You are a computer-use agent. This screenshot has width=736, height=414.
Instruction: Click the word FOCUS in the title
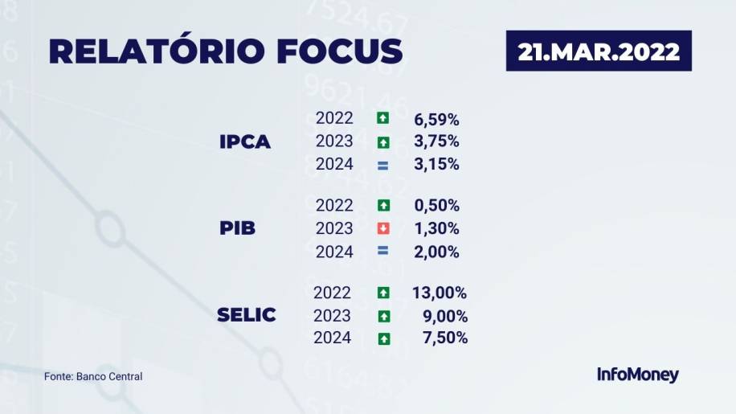tap(339, 51)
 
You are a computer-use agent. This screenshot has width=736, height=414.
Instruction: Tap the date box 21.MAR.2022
tap(599, 51)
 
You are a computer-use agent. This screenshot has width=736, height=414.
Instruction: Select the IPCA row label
tap(245, 141)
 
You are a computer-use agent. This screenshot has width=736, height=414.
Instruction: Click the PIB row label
tap(238, 228)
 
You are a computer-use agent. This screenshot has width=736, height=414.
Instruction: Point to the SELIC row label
tap(247, 315)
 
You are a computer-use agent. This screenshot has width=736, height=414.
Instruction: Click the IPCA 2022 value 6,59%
tap(436, 120)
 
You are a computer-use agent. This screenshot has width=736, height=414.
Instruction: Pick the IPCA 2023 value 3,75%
tap(436, 141)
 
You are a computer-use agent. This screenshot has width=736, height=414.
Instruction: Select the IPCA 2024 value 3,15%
tap(436, 164)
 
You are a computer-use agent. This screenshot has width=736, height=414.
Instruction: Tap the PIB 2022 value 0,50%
tap(436, 206)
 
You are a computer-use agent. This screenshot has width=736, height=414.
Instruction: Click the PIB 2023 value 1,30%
tap(436, 228)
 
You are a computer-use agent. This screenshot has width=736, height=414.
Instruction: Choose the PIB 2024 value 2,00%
tap(436, 252)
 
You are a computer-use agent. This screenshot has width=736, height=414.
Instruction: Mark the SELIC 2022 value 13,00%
tap(440, 293)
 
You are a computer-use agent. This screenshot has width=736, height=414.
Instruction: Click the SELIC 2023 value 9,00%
tap(445, 317)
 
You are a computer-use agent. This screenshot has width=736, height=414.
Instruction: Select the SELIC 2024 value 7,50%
tap(445, 338)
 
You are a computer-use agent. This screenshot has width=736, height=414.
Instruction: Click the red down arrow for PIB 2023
tap(383, 228)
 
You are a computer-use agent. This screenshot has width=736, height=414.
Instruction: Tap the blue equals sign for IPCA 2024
tap(383, 166)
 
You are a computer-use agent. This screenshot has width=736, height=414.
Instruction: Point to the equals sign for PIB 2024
tap(383, 251)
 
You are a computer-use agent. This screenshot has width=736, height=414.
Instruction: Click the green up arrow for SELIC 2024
tap(384, 339)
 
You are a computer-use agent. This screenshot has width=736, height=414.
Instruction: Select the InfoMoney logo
tap(638, 375)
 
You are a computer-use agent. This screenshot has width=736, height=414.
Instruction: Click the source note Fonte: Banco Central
tap(93, 376)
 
